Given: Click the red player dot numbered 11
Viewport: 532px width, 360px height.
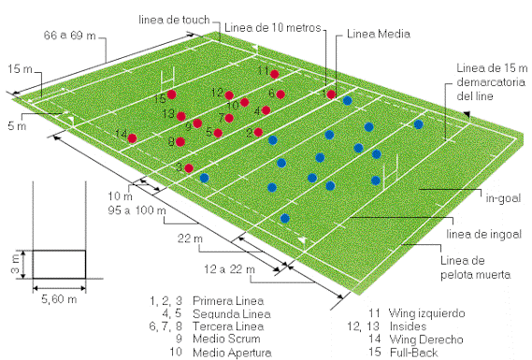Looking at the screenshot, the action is (275, 73).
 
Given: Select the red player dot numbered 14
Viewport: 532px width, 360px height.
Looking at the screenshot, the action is (133, 138).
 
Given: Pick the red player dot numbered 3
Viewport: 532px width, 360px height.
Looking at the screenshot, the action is (189, 168).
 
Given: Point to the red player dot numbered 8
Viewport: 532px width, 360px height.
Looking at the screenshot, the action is (180, 142).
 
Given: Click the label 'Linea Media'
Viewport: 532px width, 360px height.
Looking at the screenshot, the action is (373, 34).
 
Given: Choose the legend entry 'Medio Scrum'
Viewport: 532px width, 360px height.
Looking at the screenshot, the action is (222, 339).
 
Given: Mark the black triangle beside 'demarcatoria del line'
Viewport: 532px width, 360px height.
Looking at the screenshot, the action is (480, 108).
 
